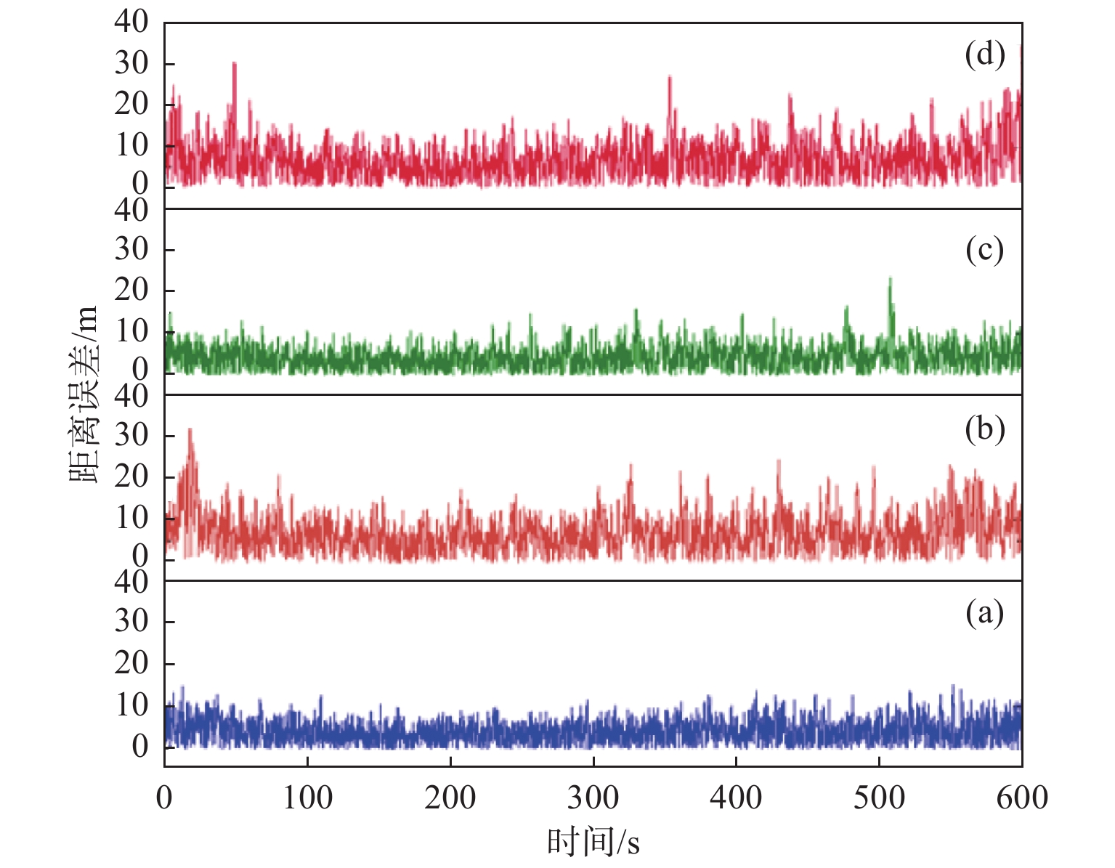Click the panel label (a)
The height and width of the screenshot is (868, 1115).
tap(984, 614)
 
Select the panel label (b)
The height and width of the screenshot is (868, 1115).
tap(984, 429)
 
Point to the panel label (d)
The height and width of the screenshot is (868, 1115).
tap(984, 54)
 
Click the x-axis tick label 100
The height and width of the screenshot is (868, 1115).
tap(307, 798)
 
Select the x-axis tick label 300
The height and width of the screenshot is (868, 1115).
tap(593, 798)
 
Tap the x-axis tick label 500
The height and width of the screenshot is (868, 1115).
tap(879, 798)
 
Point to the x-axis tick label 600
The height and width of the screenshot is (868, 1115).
tap(1021, 798)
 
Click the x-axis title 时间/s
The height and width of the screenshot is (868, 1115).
tap(593, 843)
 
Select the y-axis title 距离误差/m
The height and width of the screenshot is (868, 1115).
tap(84, 396)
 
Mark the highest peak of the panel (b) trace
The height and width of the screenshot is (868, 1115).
tap(190, 430)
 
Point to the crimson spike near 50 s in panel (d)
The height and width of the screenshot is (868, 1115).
tap(234, 64)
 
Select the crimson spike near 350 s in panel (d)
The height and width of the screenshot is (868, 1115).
tap(669, 77)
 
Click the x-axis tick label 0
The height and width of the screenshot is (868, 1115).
tap(165, 798)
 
